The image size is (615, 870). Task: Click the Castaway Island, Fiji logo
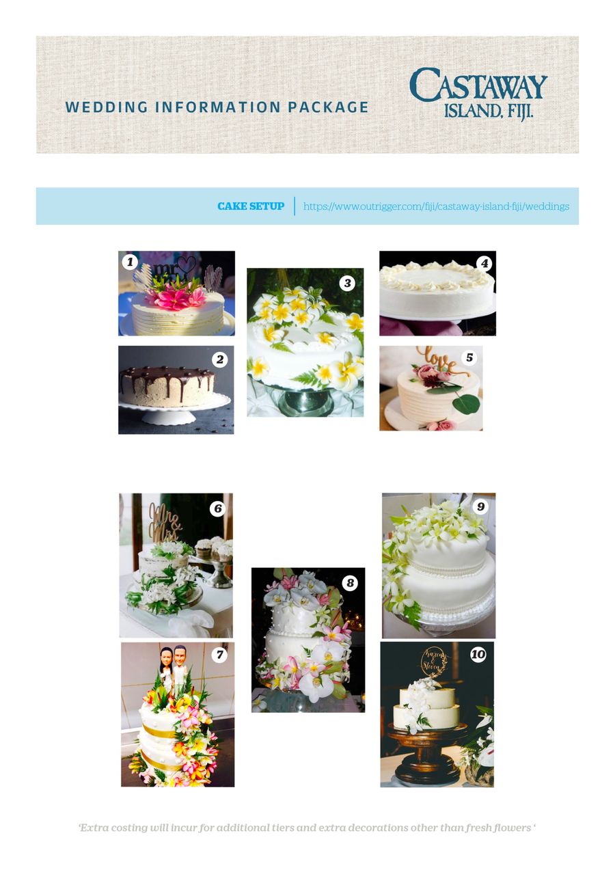pyautogui.click(x=478, y=94)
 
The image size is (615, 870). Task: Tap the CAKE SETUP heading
pyautogui.click(x=251, y=206)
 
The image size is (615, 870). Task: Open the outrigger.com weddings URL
pyautogui.click(x=437, y=206)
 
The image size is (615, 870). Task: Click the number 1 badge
pyautogui.click(x=130, y=262)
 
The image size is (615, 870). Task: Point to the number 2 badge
pyautogui.click(x=220, y=359)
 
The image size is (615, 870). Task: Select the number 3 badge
pyautogui.click(x=348, y=284)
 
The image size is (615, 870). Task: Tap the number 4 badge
pyautogui.click(x=484, y=263)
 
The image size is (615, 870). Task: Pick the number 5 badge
pyautogui.click(x=469, y=357)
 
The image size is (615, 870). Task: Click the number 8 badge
pyautogui.click(x=350, y=582)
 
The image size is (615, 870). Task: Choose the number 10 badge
pyautogui.click(x=478, y=655)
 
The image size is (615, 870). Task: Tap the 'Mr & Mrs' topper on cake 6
pyautogui.click(x=165, y=522)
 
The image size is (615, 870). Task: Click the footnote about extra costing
pyautogui.click(x=307, y=827)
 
